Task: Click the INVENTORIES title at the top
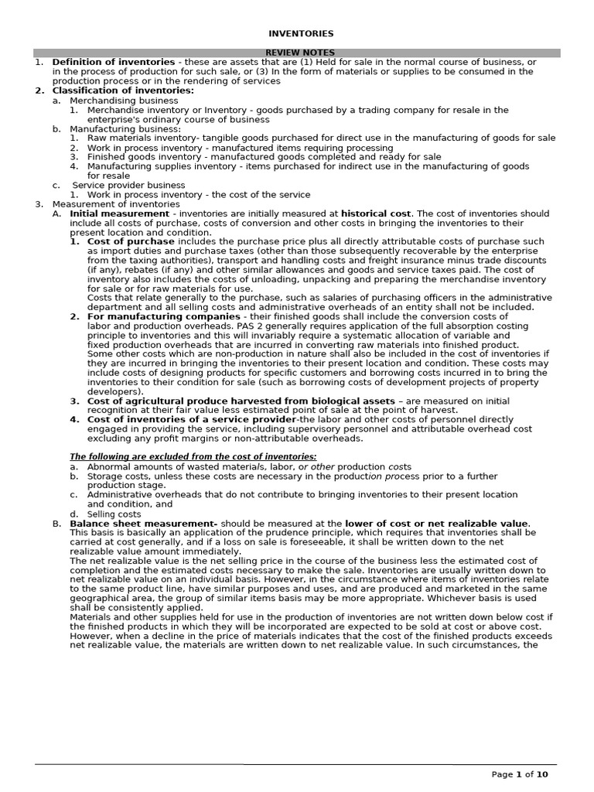tap(301, 34)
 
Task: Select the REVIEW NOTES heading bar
tap(301, 53)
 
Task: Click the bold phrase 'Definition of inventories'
tap(113, 62)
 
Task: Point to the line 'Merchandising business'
tap(124, 101)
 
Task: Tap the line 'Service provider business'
tap(128, 185)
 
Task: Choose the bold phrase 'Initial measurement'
tap(119, 213)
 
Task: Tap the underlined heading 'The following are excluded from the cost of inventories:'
tap(193, 457)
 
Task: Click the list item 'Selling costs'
tap(114, 514)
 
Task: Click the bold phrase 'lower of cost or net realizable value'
tap(437, 524)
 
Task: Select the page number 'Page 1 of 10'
tap(520, 774)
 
